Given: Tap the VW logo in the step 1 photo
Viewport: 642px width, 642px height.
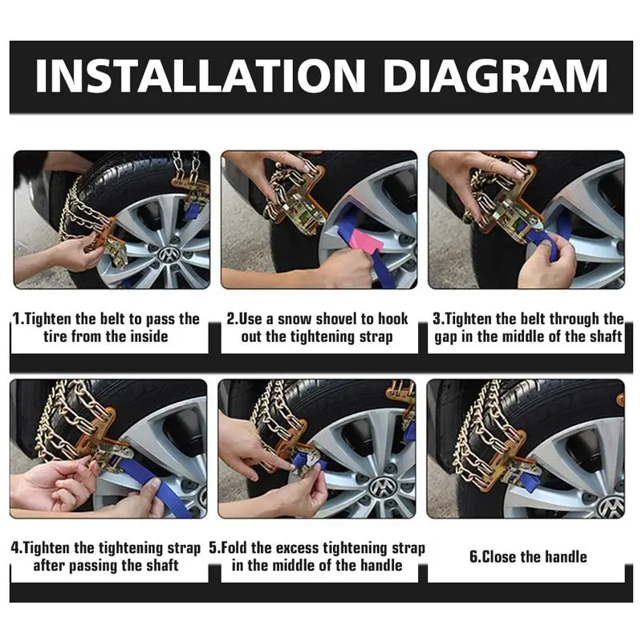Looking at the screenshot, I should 168,255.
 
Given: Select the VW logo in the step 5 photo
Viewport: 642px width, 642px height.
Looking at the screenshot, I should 383,486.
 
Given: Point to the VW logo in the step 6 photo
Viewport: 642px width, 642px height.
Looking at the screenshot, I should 611,506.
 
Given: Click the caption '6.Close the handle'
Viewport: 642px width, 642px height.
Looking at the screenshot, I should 529,557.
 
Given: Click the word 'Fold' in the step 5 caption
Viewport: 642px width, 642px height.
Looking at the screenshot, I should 241,548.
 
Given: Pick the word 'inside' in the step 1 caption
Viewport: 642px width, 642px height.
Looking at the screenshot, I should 145,336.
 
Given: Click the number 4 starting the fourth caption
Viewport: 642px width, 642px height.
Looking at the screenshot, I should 15,548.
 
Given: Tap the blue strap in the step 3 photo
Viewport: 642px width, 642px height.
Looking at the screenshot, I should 556,241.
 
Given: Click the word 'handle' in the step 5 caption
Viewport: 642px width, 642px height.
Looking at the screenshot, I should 379,565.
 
